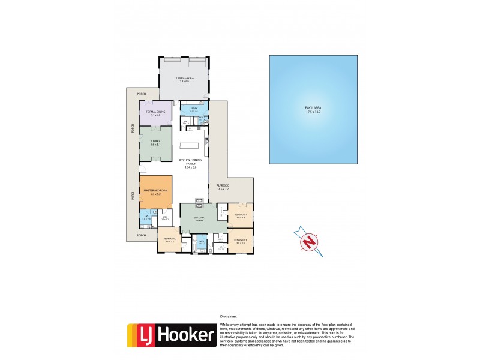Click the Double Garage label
[184, 79]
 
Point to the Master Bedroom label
[155, 191]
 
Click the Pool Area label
[313, 110]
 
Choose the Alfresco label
[223, 187]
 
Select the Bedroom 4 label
[241, 216]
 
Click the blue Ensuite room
[146, 218]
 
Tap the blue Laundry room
[194, 110]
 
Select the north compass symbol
[309, 242]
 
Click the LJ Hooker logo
[171, 336]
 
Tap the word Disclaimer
[229, 316]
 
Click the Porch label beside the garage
[142, 94]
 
